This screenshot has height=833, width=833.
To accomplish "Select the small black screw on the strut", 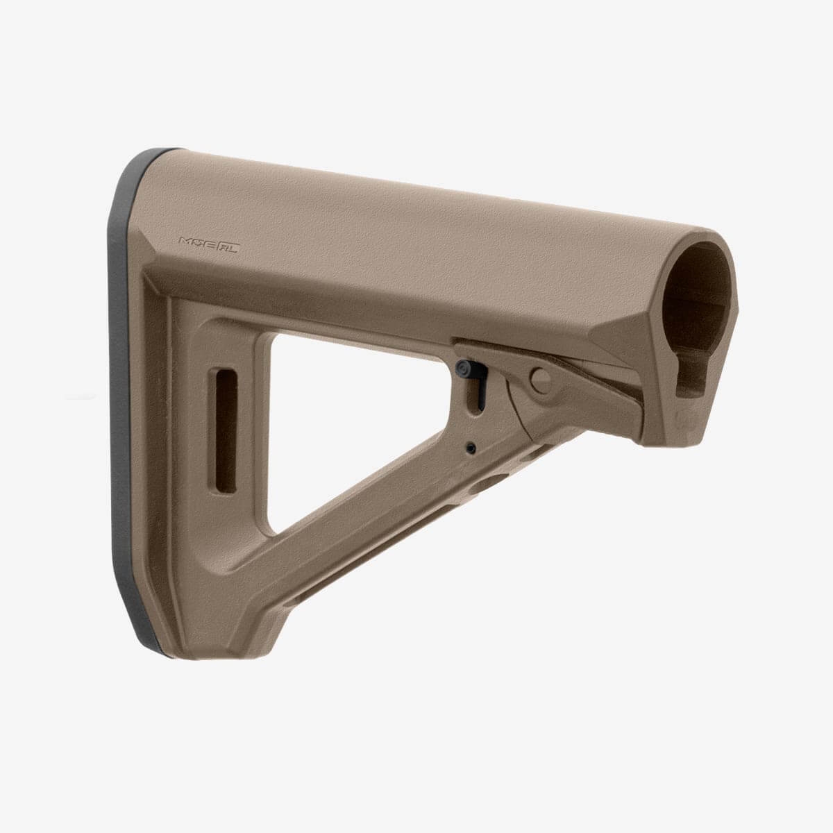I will tap(471, 447).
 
